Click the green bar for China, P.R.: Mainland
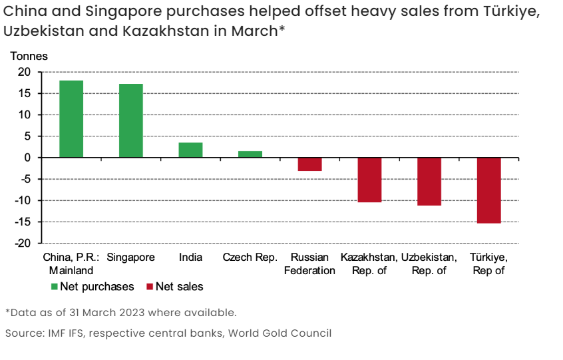pos(71,119)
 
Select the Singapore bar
pos(130,120)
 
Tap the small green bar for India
pos(190,150)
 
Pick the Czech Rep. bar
pos(250,154)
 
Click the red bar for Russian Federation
pos(309,164)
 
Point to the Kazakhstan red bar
pos(369,180)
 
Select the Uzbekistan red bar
pos(429,182)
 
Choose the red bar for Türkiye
pos(488,190)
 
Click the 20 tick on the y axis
pos(25,72)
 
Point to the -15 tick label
pos(23,222)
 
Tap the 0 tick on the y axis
pos(28,158)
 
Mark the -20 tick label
pos(23,244)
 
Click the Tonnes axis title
pos(29,56)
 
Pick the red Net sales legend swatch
pos(150,287)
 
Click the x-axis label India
pos(190,258)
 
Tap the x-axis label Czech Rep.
pos(250,258)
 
